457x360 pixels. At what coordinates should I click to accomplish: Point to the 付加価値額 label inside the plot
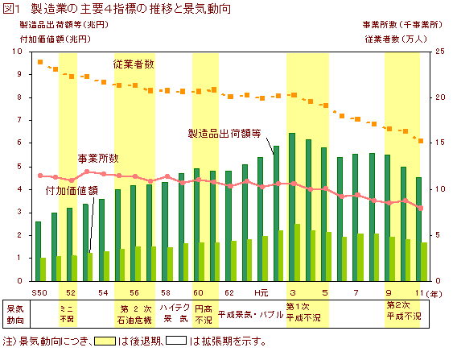[x=72, y=191]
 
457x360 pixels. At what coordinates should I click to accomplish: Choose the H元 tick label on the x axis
[x=261, y=291]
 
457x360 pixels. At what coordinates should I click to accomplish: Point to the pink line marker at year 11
[x=420, y=208]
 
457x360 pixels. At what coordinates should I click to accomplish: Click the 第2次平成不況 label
[x=403, y=311]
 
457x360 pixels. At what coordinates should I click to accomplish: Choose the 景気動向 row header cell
[x=15, y=313]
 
